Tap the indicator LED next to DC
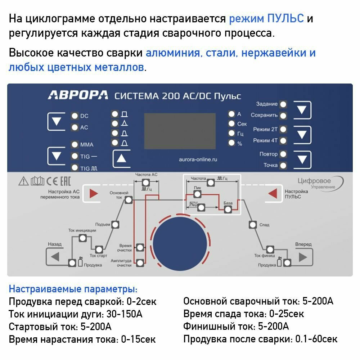click(x=75, y=116)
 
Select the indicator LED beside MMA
click(x=75, y=145)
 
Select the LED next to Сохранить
click(x=283, y=116)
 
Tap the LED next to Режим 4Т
click(x=283, y=141)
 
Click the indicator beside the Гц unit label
click(x=231, y=133)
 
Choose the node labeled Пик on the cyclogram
click(x=197, y=194)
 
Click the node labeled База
click(x=228, y=210)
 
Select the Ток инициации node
click(x=82, y=238)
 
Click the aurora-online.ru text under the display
click(x=198, y=159)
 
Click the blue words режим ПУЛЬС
click(x=266, y=19)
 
